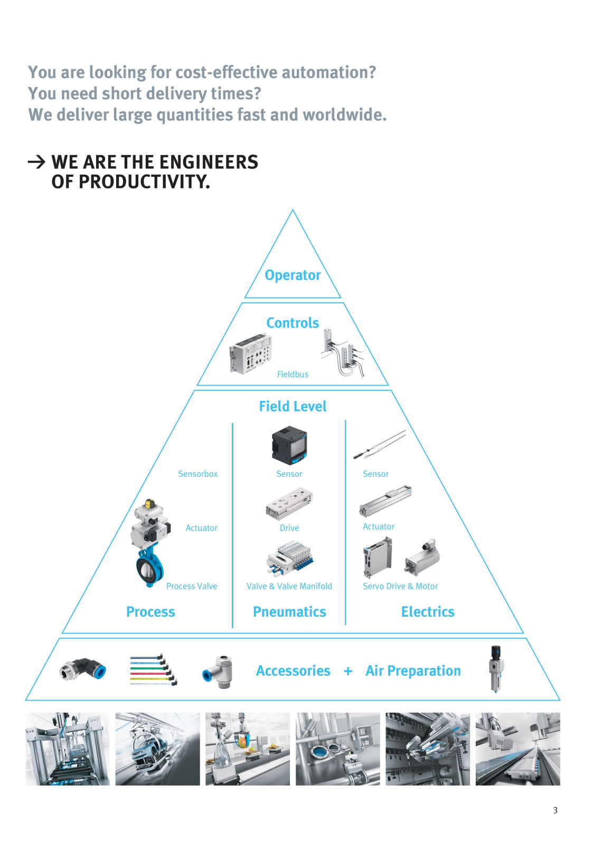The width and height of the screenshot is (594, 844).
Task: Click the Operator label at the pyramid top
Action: coord(293,275)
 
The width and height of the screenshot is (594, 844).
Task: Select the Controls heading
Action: coord(293,323)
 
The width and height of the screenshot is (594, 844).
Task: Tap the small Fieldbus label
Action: coord(293,374)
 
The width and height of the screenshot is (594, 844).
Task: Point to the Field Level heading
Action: coord(293,406)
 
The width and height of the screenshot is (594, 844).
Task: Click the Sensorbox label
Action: coord(198,474)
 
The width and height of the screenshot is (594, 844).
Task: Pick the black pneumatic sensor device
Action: coord(289,445)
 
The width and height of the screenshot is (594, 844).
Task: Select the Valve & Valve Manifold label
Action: coord(289,586)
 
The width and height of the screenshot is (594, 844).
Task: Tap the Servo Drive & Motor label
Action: coord(400,586)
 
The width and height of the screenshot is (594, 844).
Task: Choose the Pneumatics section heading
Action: coord(289,611)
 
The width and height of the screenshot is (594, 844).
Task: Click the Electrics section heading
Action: coord(428,611)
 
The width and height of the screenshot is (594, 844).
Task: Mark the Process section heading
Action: coord(150,611)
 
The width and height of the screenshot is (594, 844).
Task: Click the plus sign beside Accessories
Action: coord(348,671)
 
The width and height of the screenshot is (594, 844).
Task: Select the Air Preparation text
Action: coord(413,671)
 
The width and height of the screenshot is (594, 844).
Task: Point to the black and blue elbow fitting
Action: coord(83,669)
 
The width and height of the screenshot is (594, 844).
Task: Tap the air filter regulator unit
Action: coord(496,668)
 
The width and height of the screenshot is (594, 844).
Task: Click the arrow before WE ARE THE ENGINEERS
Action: coord(36,162)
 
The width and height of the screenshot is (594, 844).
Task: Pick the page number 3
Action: coord(555,810)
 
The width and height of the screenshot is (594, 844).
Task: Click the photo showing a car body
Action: coord(158,749)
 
